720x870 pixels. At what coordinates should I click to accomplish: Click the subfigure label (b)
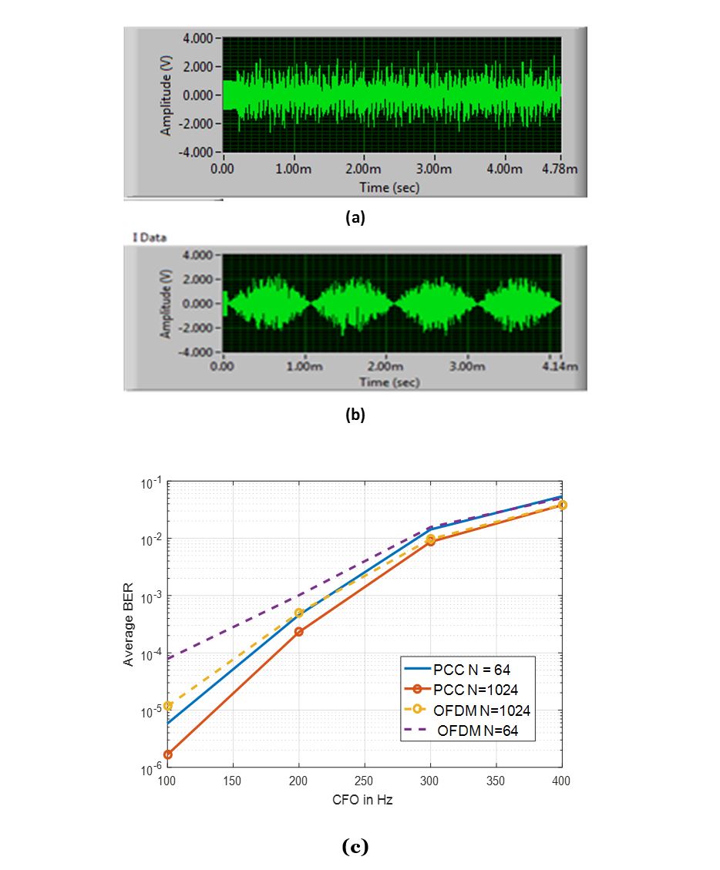click(355, 414)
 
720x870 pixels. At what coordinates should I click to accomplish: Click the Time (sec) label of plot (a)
click(389, 186)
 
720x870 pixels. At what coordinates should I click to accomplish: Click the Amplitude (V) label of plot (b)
click(166, 302)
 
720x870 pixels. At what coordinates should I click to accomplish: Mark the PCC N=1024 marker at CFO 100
click(168, 754)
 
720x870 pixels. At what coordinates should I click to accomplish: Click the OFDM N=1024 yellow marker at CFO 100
click(168, 706)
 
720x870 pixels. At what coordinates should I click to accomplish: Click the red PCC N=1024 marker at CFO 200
click(299, 632)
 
